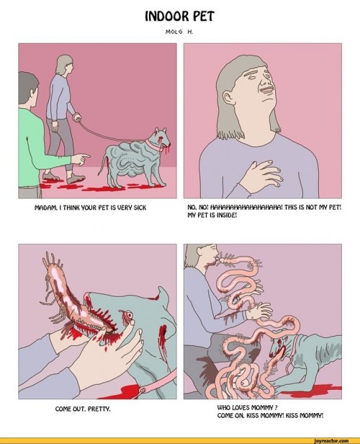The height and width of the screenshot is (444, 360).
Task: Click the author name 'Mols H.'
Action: [x=179, y=30]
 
